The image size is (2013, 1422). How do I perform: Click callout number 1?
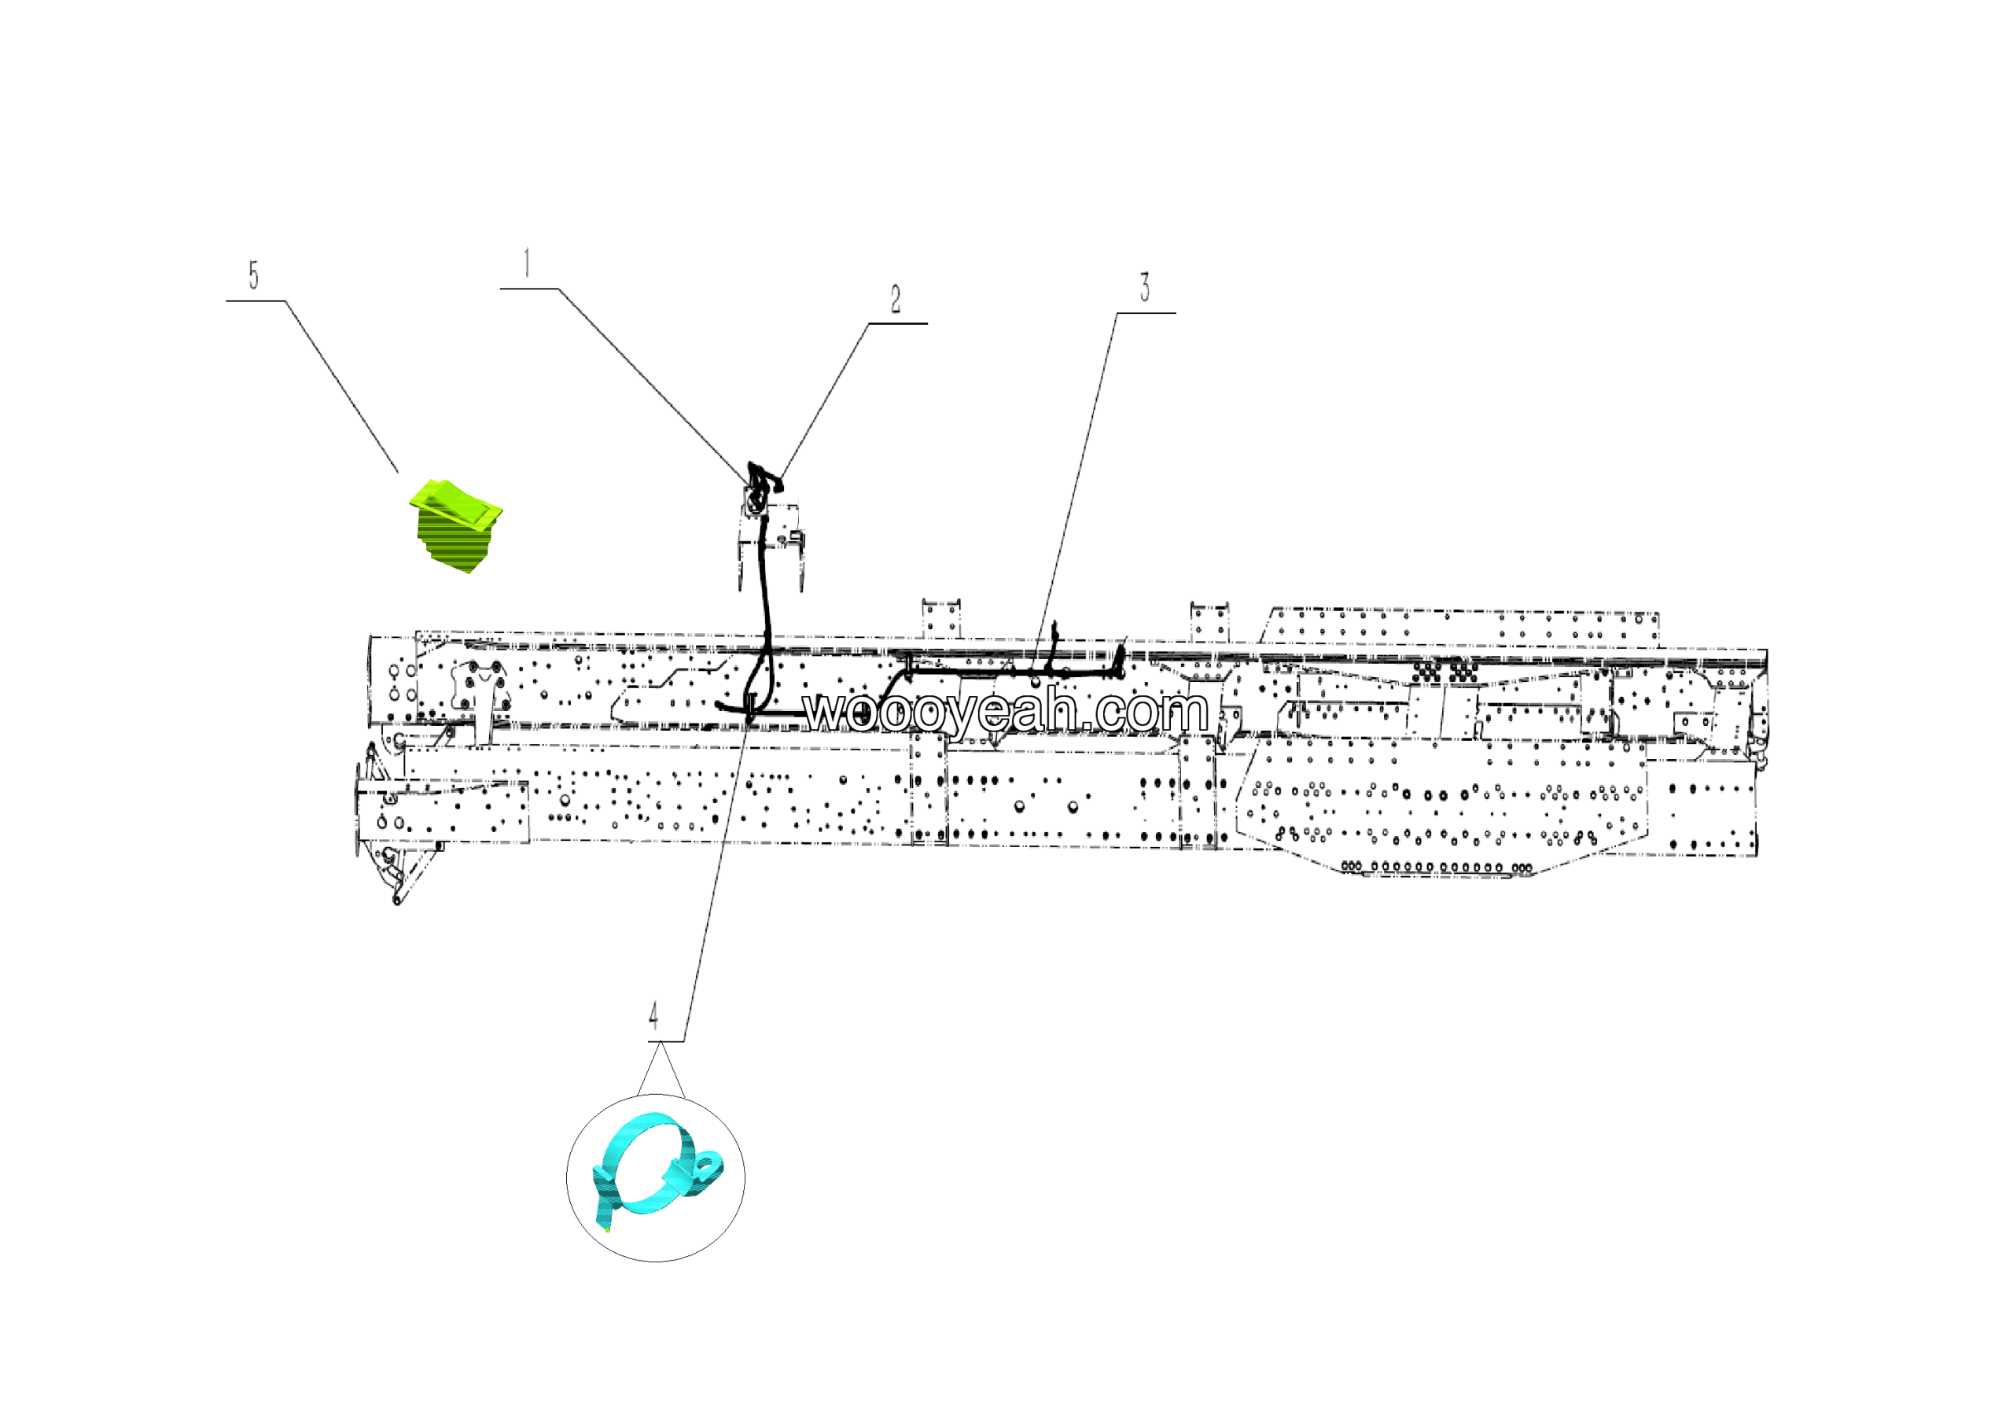[527, 263]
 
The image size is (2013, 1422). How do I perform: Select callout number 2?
[895, 300]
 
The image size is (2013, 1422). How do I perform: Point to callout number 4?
[653, 1016]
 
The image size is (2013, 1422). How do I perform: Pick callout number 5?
[253, 275]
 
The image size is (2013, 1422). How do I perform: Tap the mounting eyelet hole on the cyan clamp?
[706, 1165]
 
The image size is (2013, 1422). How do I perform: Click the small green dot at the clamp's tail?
[608, 1230]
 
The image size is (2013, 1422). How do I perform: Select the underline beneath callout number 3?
[1146, 313]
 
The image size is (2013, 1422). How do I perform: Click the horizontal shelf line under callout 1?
[528, 289]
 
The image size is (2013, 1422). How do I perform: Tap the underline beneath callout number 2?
[898, 323]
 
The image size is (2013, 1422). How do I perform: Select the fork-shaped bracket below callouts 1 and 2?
[770, 543]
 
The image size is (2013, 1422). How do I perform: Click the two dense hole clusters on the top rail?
[1444, 672]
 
